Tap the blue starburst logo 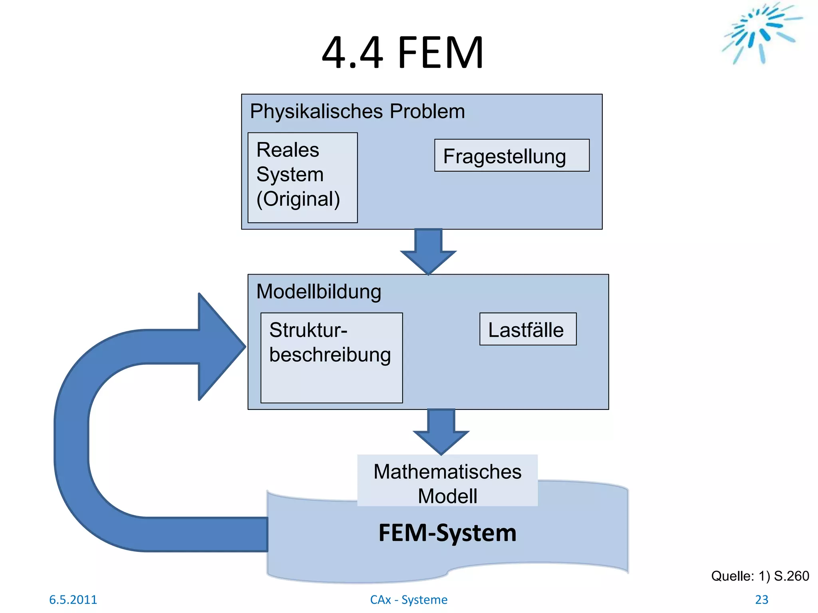pyautogui.click(x=761, y=32)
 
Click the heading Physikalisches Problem pyautogui.click(x=357, y=111)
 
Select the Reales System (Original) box pyautogui.click(x=302, y=178)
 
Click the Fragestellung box pyautogui.click(x=512, y=156)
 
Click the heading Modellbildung pyautogui.click(x=318, y=291)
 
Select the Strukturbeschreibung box pyautogui.click(x=331, y=358)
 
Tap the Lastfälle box pyautogui.click(x=528, y=329)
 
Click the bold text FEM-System pyautogui.click(x=447, y=533)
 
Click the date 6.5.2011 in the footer pyautogui.click(x=73, y=599)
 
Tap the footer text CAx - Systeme pyautogui.click(x=409, y=599)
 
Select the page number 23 pyautogui.click(x=761, y=599)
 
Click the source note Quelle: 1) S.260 pyautogui.click(x=760, y=576)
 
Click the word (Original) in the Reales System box pyautogui.click(x=298, y=199)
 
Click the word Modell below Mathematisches pyautogui.click(x=447, y=496)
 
